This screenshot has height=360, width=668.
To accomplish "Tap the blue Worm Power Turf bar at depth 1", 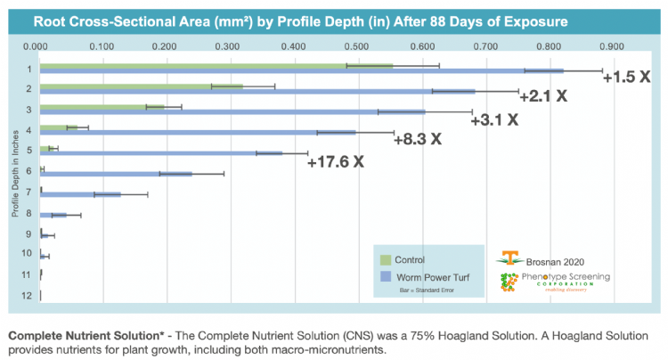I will tap(302, 70).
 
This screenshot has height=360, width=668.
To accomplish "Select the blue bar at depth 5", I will tap(161, 152).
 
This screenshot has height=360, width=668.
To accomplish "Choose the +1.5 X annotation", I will tap(627, 77).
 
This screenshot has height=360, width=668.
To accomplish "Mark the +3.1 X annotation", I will tap(494, 119).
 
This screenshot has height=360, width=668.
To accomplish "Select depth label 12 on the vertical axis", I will tap(29, 295).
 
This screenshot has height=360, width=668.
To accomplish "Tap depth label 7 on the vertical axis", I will tap(29, 192).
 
